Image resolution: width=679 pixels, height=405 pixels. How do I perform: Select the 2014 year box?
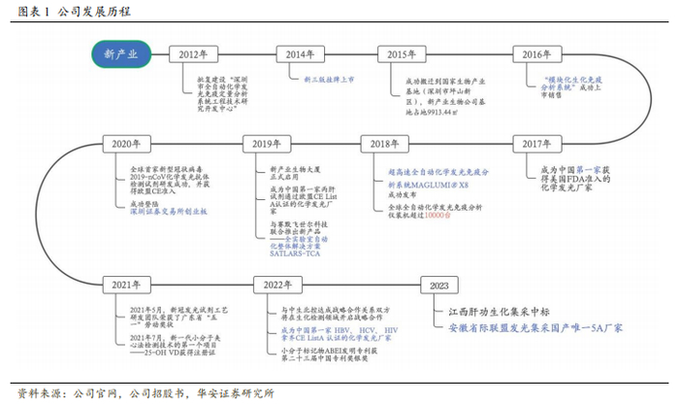tap(300, 54)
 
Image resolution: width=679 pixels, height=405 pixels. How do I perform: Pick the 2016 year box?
tap(536, 54)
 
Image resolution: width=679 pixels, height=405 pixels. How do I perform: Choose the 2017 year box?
tap(536, 144)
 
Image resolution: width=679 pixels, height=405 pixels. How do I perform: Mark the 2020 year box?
tap(127, 144)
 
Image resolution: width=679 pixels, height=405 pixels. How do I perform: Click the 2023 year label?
tap(439, 286)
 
